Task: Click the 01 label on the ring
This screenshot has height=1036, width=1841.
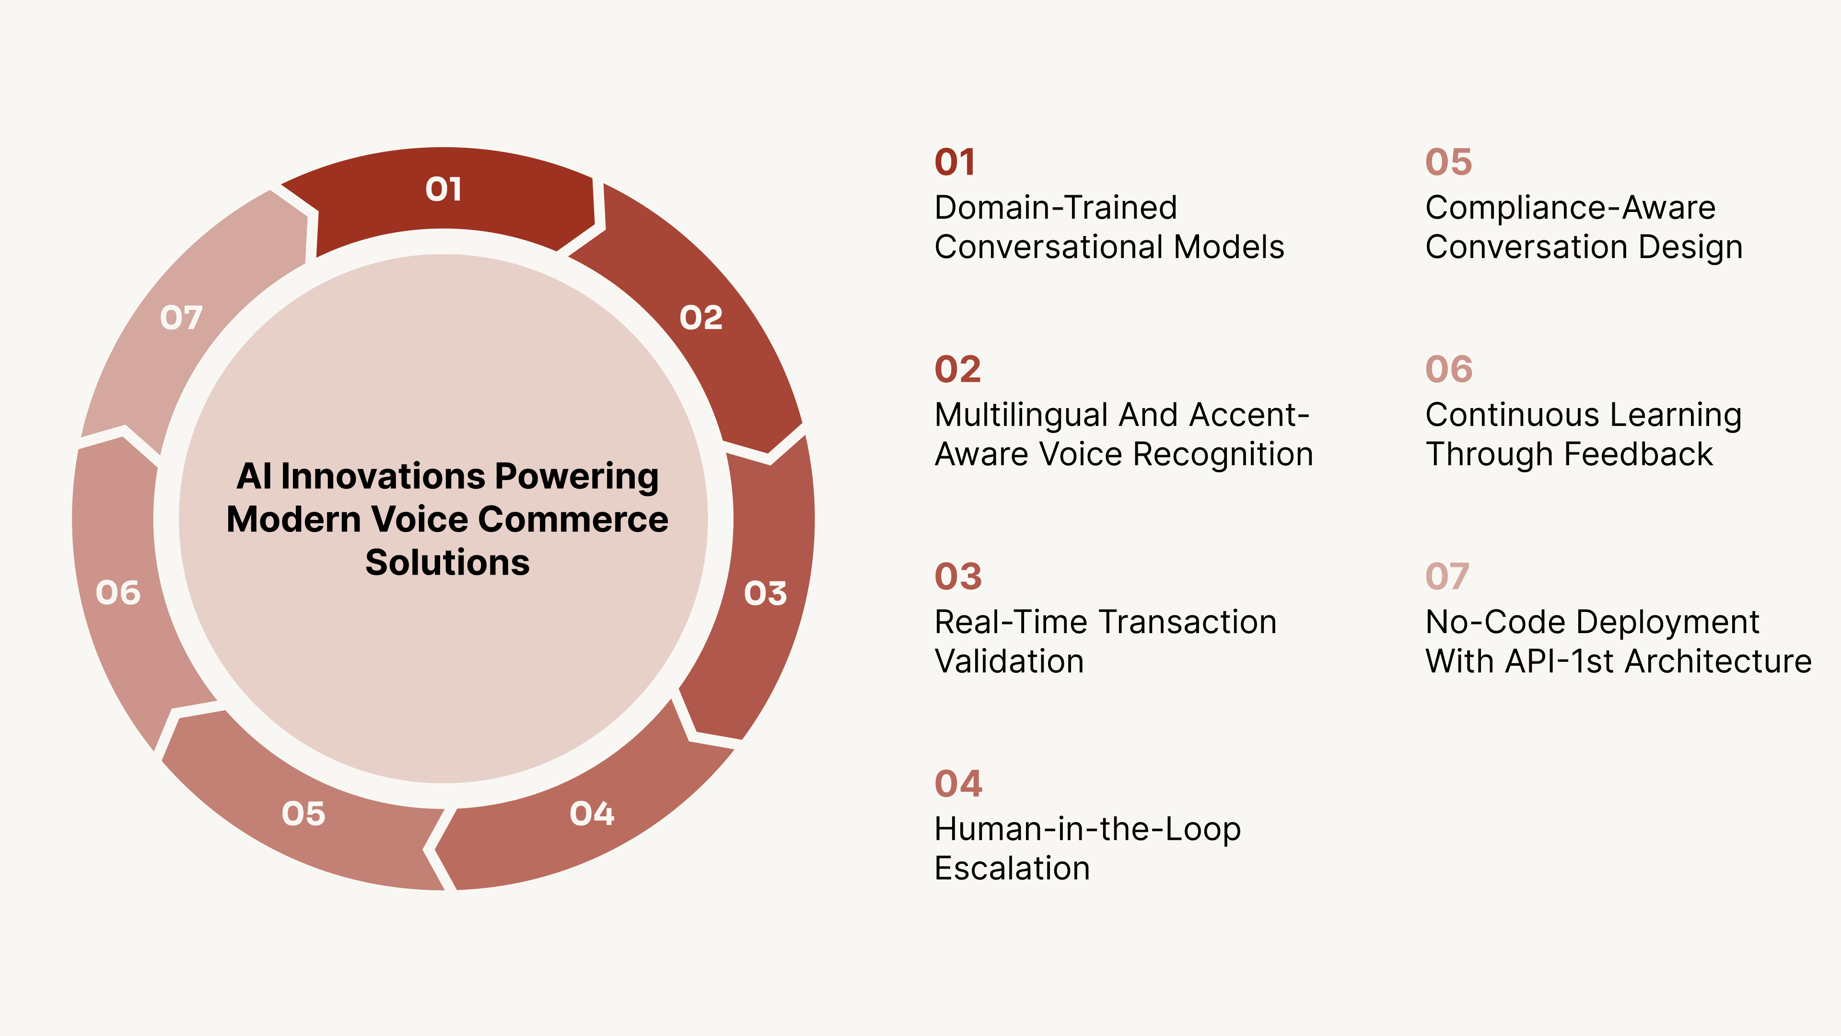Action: (443, 189)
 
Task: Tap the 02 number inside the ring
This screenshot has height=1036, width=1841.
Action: (700, 318)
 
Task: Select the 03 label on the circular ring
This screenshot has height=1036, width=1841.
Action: (765, 593)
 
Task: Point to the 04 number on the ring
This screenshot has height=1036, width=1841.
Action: (592, 813)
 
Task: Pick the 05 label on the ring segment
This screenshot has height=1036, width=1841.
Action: (303, 813)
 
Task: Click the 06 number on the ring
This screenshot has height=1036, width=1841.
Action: (118, 593)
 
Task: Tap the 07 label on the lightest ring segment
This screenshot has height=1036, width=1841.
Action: (181, 318)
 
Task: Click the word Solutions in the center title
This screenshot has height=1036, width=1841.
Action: (447, 563)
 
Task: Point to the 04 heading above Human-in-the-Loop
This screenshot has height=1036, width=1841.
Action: (958, 784)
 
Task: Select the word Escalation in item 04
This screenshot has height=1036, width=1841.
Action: (1012, 869)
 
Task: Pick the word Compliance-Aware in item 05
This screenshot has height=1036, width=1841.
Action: (1570, 208)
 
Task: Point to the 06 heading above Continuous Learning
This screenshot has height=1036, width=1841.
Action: (1449, 370)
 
